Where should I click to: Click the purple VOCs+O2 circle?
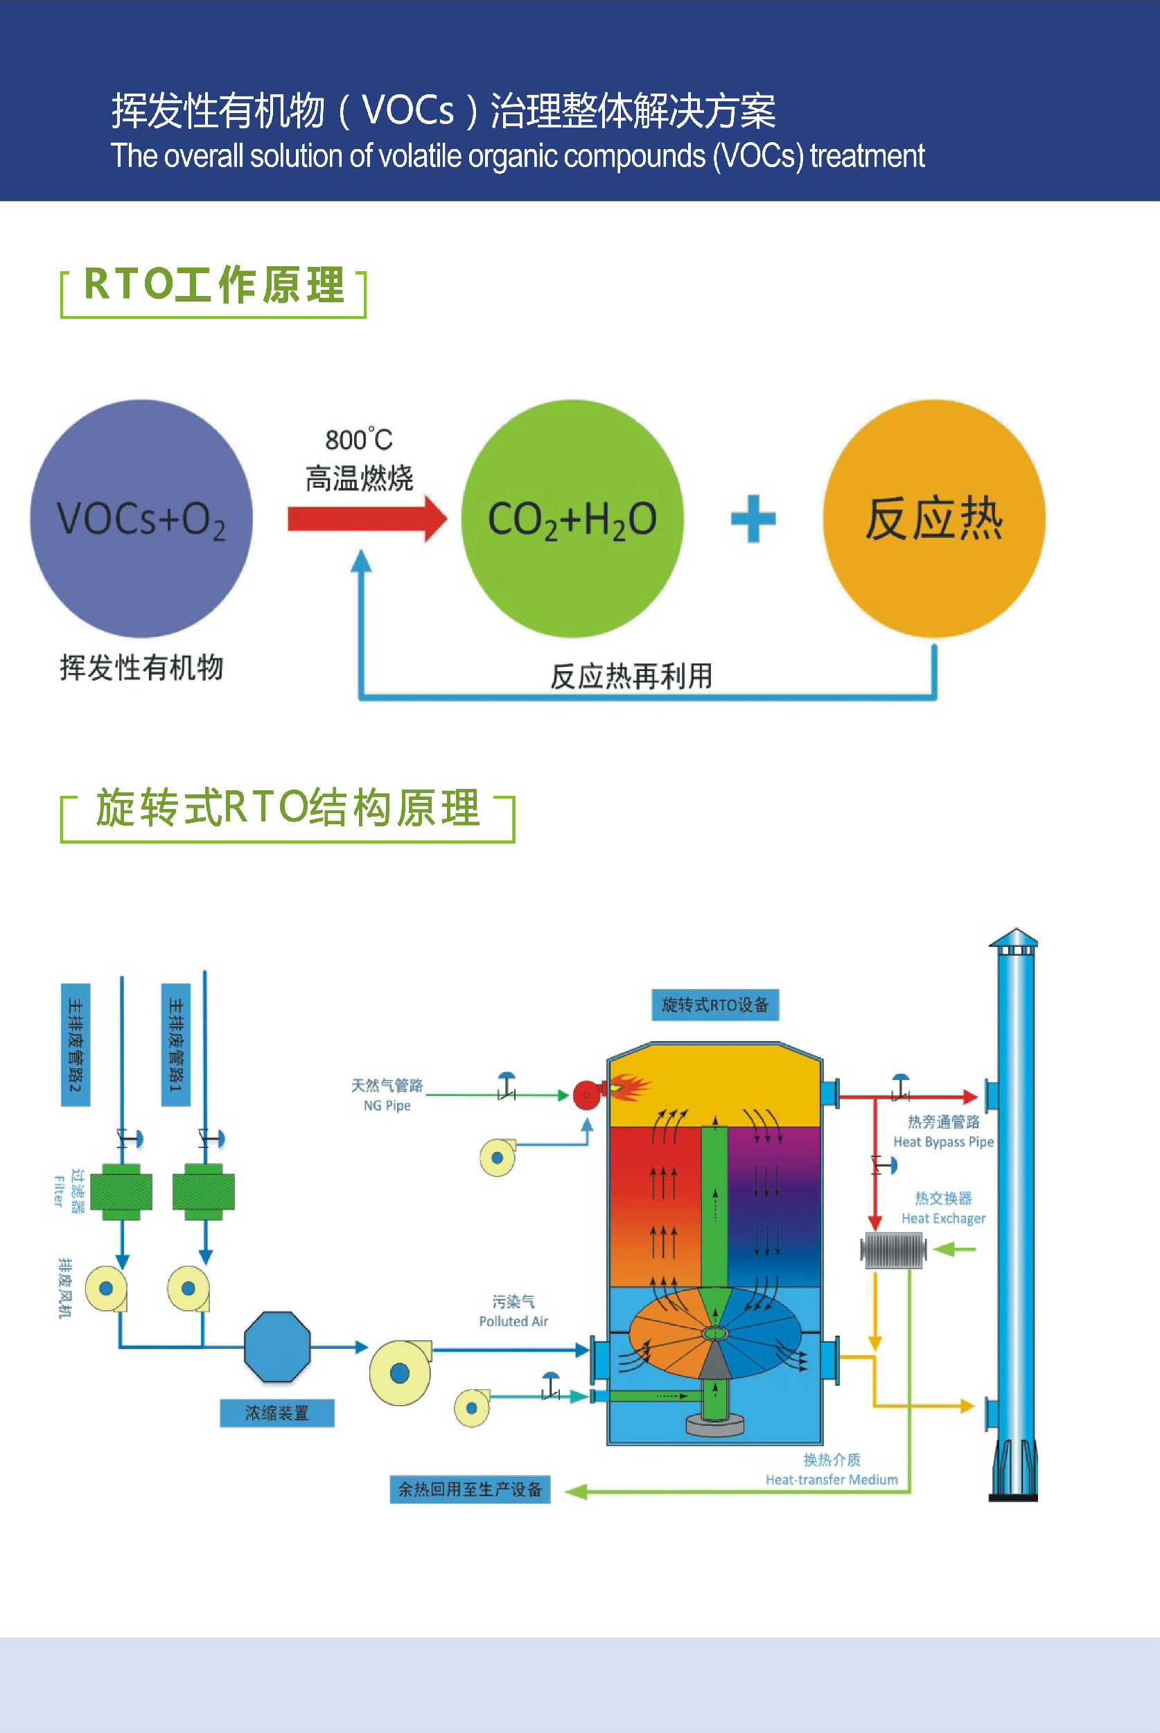141,519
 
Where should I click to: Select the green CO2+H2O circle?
572,519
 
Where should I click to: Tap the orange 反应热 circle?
933,519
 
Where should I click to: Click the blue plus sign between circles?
753,519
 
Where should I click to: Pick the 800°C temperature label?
359,439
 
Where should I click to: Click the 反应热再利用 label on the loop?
631,676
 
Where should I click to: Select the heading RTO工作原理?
214,285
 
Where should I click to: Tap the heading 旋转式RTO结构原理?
288,808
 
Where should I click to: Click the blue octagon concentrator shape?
277,1347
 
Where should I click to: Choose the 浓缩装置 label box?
276,1413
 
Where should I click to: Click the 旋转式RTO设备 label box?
714,1004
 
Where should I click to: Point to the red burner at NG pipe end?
587,1095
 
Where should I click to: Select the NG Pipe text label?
387,1106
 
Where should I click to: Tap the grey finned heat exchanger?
893,1250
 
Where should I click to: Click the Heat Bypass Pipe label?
943,1142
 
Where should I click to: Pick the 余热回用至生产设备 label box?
470,1489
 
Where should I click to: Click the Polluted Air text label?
513,1321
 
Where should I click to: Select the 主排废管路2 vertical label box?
76,1044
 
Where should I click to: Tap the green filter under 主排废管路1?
204,1192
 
